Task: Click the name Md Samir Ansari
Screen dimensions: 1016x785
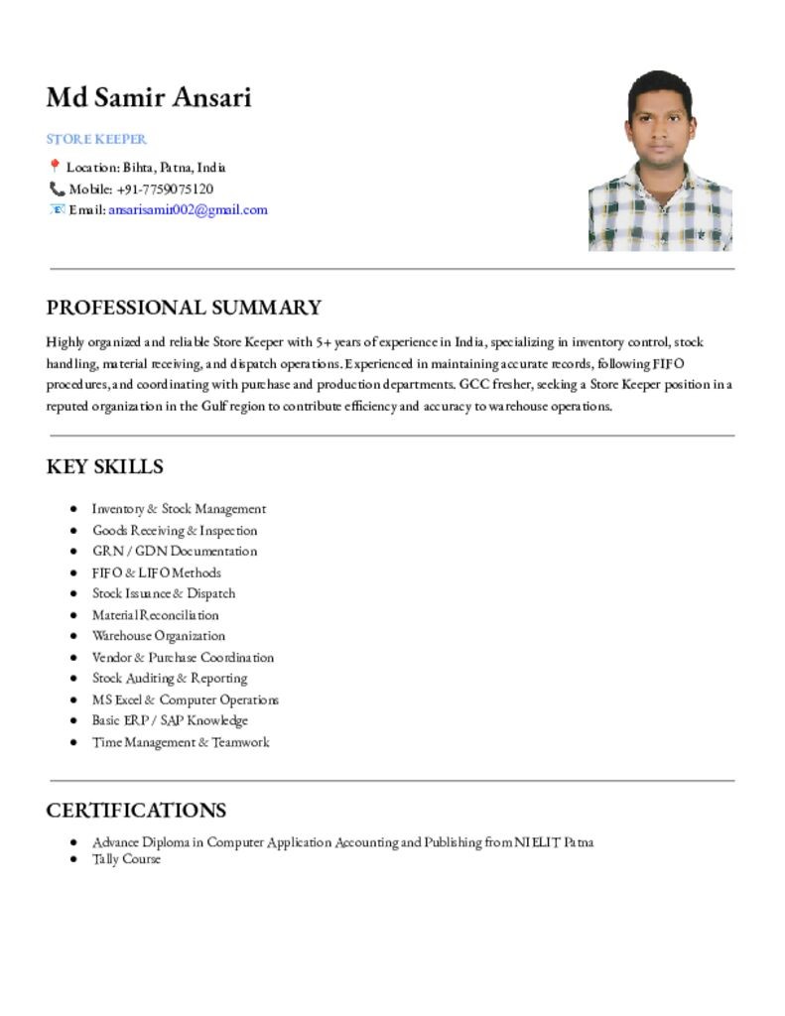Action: click(149, 97)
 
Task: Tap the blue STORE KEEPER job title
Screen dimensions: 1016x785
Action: click(96, 139)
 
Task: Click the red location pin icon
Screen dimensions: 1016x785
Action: click(55, 167)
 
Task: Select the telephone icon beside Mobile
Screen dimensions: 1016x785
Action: click(57, 189)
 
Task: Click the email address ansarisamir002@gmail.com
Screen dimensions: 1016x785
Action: click(188, 209)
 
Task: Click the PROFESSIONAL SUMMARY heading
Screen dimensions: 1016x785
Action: click(184, 308)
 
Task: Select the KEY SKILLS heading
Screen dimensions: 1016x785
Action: click(104, 466)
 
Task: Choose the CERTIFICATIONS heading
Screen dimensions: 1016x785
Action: click(136, 810)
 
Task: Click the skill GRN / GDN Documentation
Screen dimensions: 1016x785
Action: click(175, 551)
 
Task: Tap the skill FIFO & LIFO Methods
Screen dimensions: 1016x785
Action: click(157, 572)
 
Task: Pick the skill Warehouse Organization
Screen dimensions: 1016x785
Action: click(159, 636)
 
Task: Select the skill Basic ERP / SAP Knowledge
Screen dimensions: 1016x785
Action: click(170, 720)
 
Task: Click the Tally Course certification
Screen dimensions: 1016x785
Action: click(126, 858)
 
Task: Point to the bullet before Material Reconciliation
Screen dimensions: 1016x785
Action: click(74, 615)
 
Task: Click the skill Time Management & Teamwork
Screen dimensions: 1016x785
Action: click(181, 742)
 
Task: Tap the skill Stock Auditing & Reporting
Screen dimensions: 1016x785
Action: click(170, 679)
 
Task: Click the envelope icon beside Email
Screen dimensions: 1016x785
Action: click(57, 209)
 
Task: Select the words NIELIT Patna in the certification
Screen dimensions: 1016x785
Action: click(554, 842)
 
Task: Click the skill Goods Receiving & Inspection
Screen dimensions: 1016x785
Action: click(175, 530)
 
